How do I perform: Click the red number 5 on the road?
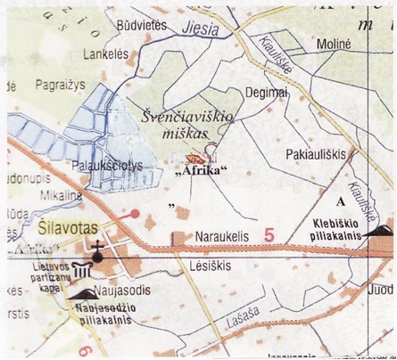[x=269, y=234]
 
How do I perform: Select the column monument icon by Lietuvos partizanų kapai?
[x=82, y=270]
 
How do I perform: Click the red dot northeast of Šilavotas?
[x=134, y=214]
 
